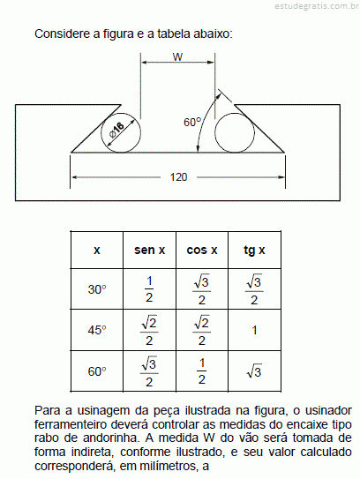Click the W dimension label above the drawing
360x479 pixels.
pos(177,56)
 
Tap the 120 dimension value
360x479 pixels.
pos(178,177)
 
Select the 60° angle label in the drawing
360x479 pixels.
pos(192,123)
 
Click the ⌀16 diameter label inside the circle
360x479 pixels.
pos(116,131)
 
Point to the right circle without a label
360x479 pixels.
pos(235,113)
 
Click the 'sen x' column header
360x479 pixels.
pos(149,251)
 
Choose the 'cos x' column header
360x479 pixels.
pos(202,251)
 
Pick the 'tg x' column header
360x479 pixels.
pos(254,251)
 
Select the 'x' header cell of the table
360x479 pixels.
pos(97,251)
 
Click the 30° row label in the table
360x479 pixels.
pos(97,289)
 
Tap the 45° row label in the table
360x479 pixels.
pos(97,330)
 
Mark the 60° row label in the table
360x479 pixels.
pos(97,371)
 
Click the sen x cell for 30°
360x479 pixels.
pos(149,289)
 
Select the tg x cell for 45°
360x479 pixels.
pos(254,330)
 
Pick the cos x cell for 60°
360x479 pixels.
pos(202,371)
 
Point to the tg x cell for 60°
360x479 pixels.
pos(254,370)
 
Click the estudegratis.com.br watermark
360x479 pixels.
pos(317,6)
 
